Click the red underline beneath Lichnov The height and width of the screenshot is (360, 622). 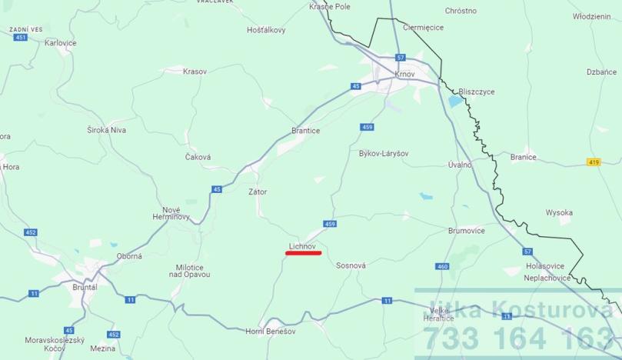[x=303, y=252]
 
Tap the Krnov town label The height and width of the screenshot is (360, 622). [x=404, y=75]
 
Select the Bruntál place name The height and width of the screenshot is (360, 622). [x=85, y=287]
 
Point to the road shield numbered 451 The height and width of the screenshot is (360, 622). [x=20, y=37]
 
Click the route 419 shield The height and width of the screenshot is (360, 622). [x=593, y=162]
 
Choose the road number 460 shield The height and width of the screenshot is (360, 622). [x=441, y=266]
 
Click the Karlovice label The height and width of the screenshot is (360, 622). [x=61, y=43]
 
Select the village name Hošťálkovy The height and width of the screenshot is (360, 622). [x=266, y=30]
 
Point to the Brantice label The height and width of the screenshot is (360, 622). [x=305, y=131]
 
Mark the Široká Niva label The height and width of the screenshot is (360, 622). [x=106, y=130]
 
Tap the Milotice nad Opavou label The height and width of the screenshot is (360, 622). [x=189, y=270]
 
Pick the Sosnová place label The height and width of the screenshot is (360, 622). [x=351, y=265]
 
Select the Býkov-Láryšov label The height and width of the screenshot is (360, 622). [x=383, y=154]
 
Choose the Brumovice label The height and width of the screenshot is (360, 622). [x=467, y=230]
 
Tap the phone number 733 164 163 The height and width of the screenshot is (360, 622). [x=519, y=338]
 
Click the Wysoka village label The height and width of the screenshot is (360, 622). [x=559, y=212]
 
